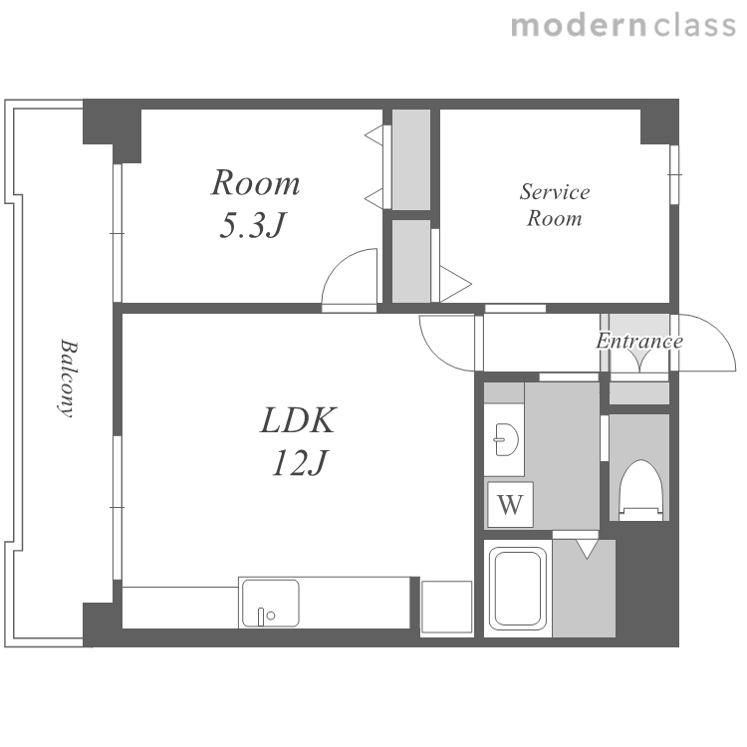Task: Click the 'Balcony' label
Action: pyautogui.click(x=67, y=377)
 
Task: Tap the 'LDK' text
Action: pyautogui.click(x=299, y=420)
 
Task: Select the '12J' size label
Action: pyautogui.click(x=300, y=462)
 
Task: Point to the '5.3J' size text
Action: pyautogui.click(x=253, y=225)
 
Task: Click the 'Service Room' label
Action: pyautogui.click(x=555, y=205)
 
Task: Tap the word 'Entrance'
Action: pyautogui.click(x=639, y=341)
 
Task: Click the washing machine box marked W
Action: pyautogui.click(x=510, y=505)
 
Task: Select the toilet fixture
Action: pyautogui.click(x=641, y=490)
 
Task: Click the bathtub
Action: pyautogui.click(x=518, y=589)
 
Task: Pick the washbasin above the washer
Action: pyautogui.click(x=506, y=439)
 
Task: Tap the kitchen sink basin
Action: pyautogui.click(x=271, y=603)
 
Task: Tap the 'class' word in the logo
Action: pyautogui.click(x=694, y=26)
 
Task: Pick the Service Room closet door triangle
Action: pyautogui.click(x=455, y=284)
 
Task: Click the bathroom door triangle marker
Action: pyautogui.click(x=587, y=549)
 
